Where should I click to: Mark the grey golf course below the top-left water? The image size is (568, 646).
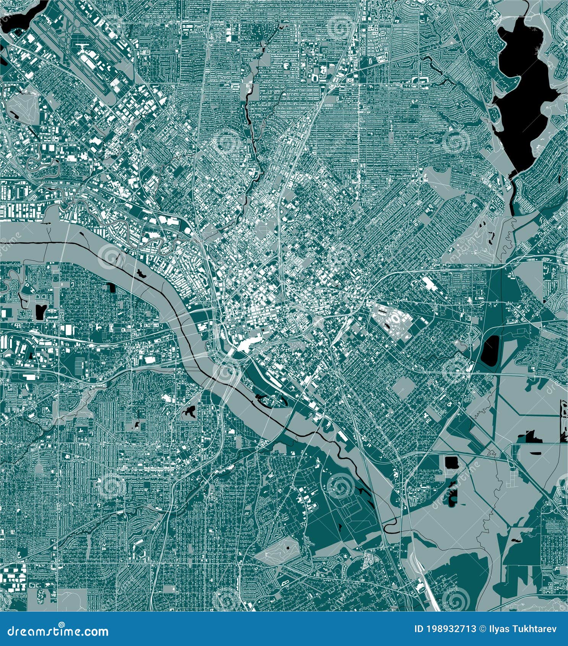23,109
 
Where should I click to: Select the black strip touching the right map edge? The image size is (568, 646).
564,420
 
